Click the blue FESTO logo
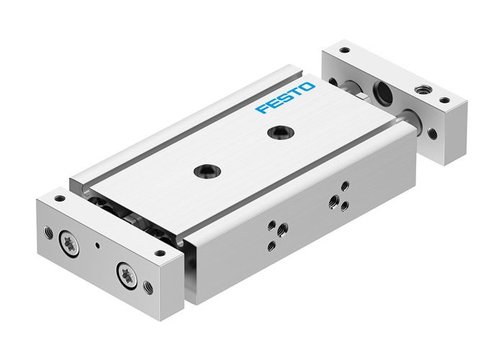click(286, 98)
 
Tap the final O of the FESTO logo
click(308, 86)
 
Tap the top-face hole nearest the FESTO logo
click(275, 132)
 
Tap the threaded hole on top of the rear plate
click(419, 93)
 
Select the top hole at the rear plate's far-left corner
click(345, 51)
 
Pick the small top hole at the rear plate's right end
click(444, 100)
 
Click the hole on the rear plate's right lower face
click(432, 134)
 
